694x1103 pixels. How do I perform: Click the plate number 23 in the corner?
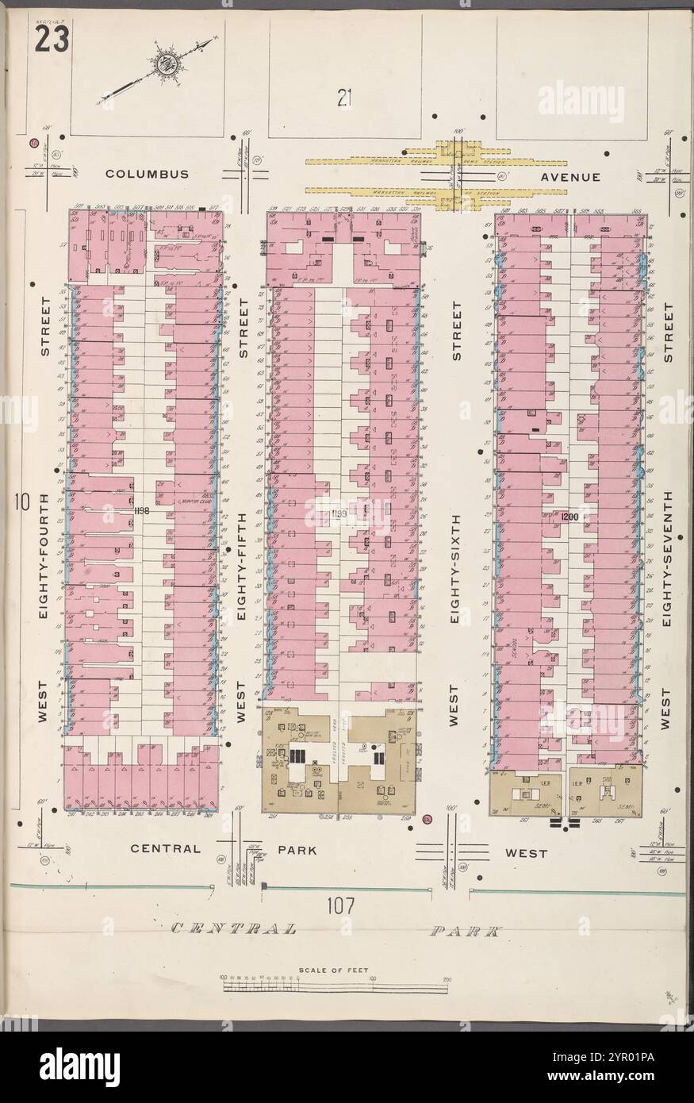coord(50,39)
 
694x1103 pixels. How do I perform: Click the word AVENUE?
coord(571,177)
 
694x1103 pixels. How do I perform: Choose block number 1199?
coord(340,516)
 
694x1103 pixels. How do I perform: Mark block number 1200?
coord(571,517)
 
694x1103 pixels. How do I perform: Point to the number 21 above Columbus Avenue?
coord(343,98)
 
